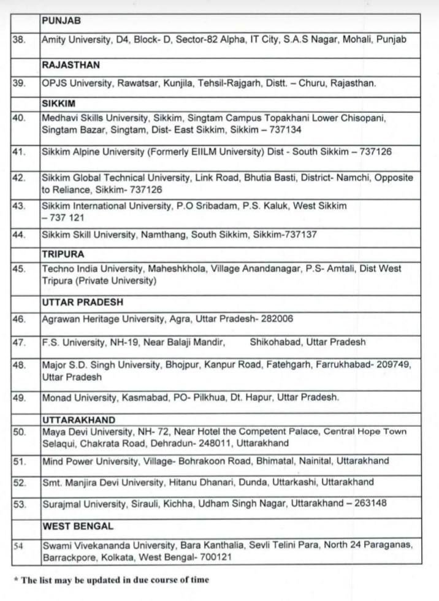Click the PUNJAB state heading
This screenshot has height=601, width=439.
61,20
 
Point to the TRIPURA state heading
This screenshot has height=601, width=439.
63,253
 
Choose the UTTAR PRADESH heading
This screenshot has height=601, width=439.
83,302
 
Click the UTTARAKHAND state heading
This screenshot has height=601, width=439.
78,420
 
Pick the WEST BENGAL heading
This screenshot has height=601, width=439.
76,526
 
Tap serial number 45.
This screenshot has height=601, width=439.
19,269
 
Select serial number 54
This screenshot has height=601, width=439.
18,543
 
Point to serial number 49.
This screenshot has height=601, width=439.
19,397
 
